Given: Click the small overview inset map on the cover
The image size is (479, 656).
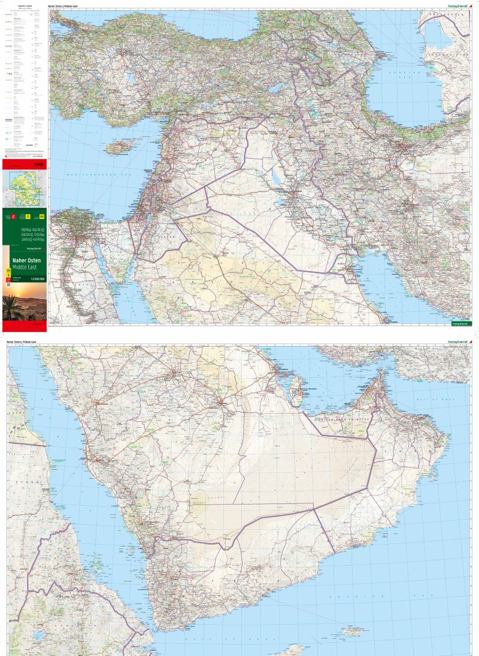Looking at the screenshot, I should (x=24, y=188).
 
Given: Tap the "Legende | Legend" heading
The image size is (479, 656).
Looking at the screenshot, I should (x=25, y=5).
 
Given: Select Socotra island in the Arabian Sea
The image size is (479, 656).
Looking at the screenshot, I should (x=353, y=630).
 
